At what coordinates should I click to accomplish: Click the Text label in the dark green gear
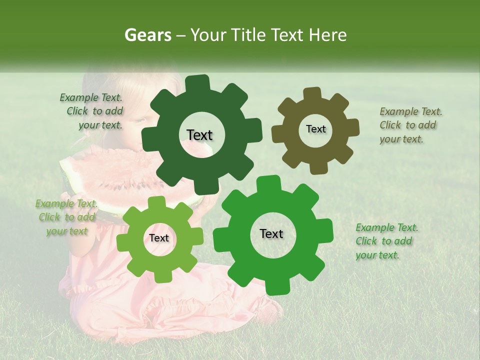coord(199,135)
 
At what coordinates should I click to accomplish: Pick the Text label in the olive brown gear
coord(315,129)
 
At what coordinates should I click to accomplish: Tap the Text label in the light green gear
coord(159,238)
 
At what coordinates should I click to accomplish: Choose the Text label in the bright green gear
coord(271,234)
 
